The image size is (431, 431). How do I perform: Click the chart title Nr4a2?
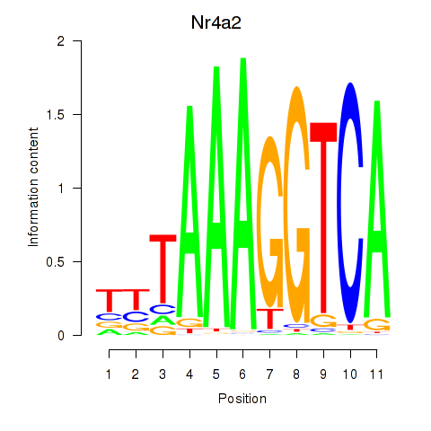[x=216, y=22]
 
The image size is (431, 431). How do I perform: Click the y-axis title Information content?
[x=33, y=188]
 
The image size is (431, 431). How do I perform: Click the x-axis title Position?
[x=242, y=399]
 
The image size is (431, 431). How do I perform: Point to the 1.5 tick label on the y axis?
[x=56, y=115]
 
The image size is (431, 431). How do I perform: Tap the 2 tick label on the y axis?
[x=61, y=41]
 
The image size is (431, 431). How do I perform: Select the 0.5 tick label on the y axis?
[x=56, y=262]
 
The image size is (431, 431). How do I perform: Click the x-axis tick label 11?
[x=376, y=374]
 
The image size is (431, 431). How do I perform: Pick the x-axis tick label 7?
[x=269, y=374]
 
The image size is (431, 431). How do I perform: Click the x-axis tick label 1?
[x=109, y=374]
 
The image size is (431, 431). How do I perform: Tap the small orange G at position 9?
[x=323, y=321]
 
